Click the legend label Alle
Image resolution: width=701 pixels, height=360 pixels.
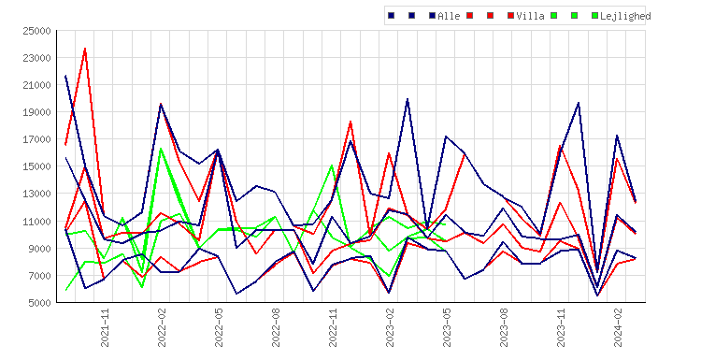(x=449, y=16)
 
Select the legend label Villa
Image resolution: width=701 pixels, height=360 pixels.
(x=530, y=16)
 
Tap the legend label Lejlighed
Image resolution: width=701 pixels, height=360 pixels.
(x=625, y=16)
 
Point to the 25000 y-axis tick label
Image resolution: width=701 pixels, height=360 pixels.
(x=36, y=31)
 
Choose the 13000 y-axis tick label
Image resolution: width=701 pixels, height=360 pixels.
(x=36, y=194)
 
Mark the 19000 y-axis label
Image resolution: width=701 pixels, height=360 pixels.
(x=36, y=112)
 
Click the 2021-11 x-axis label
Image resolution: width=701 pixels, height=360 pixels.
(x=105, y=327)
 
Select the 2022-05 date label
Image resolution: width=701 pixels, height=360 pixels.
(x=219, y=327)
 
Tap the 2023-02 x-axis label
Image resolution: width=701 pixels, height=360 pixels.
(x=390, y=327)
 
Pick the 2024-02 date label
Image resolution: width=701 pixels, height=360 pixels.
(x=618, y=327)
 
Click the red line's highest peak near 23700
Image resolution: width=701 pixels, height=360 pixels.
(x=85, y=49)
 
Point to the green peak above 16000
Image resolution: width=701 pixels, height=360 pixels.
(x=161, y=149)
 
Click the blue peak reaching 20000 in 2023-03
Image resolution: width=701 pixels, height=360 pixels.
(x=408, y=99)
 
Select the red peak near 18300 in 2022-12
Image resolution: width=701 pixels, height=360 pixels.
(x=350, y=122)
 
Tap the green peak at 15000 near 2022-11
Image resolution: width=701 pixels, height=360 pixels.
(x=332, y=166)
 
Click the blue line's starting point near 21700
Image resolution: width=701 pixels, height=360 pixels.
(x=65, y=76)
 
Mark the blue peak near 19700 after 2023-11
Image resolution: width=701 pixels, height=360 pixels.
(x=579, y=103)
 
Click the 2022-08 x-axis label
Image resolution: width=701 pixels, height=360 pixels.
(x=276, y=327)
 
